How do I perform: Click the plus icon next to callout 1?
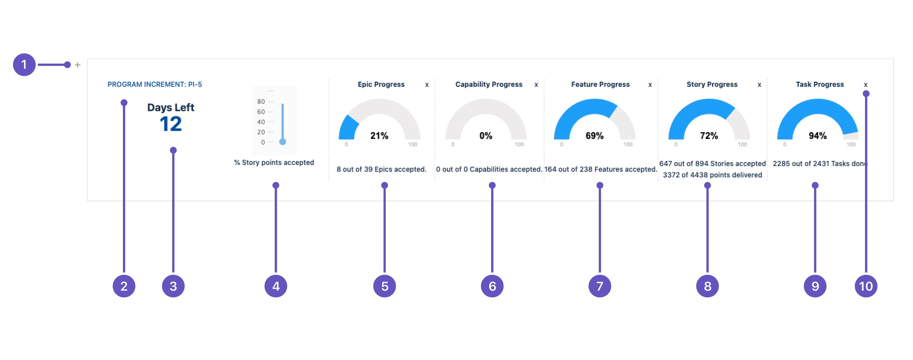tap(77, 65)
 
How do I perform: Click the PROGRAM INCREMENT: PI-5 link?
tap(155, 84)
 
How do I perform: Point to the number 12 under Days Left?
tap(171, 124)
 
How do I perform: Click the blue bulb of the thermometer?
tap(282, 142)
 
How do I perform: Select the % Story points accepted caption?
tap(274, 162)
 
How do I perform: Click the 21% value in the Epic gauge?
tap(379, 136)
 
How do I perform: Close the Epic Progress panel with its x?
tap(427, 85)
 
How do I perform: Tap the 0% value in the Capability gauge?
tap(486, 136)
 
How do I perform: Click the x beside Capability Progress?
tap(536, 85)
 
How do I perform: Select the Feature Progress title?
tap(600, 84)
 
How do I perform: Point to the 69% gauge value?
tap(594, 136)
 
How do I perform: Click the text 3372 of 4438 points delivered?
tap(712, 175)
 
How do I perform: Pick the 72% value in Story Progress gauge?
tap(709, 136)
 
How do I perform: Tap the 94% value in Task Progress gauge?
tap(818, 136)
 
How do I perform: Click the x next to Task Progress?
tap(866, 85)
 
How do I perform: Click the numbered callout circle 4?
tap(276, 286)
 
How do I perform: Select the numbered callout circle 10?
tap(866, 286)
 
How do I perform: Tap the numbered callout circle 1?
tap(24, 65)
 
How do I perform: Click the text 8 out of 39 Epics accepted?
tap(381, 169)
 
